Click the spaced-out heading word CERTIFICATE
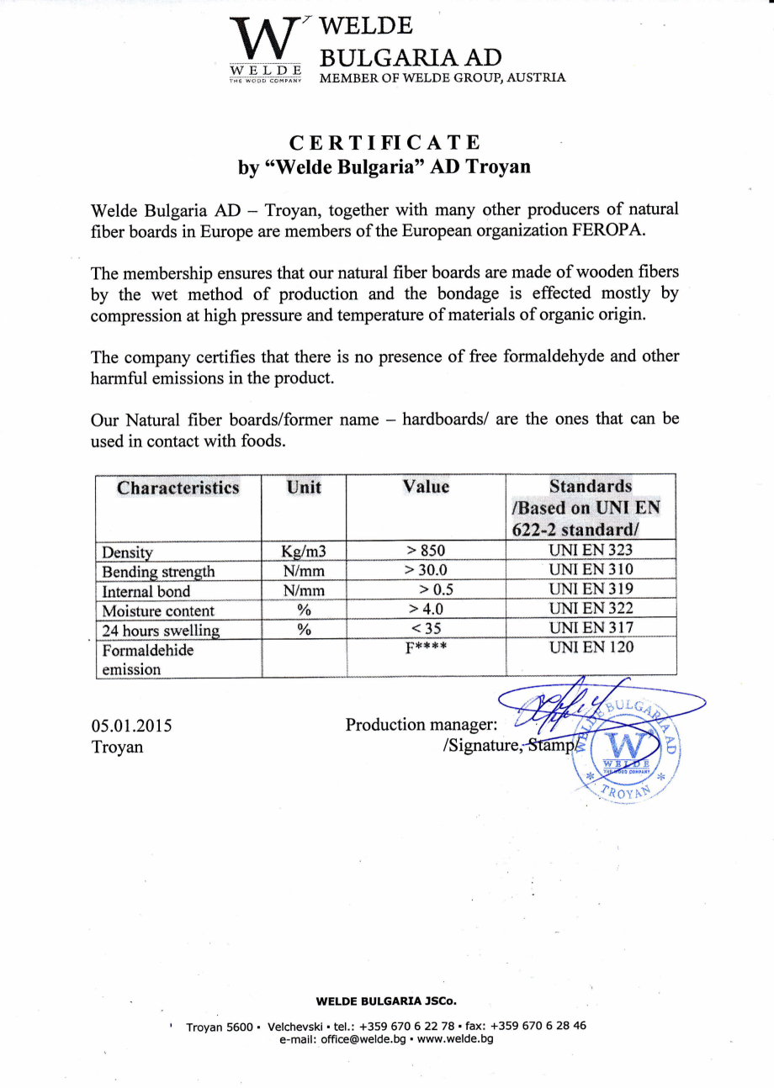tap(385, 142)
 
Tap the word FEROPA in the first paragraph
tap(608, 231)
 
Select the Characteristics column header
tap(178, 488)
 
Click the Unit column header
tap(304, 487)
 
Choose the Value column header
tap(426, 487)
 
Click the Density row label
tap(127, 552)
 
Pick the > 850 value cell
tap(426, 552)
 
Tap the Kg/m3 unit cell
tap(304, 552)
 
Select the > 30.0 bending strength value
tap(426, 571)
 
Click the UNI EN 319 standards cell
tap(591, 589)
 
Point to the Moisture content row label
tap(158, 610)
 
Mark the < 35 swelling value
tap(426, 628)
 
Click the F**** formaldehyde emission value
tap(426, 648)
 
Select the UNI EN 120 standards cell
tap(591, 647)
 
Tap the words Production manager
tap(421, 725)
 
